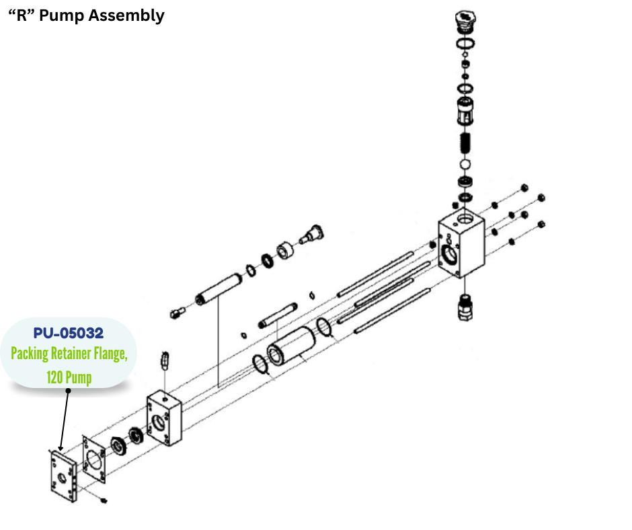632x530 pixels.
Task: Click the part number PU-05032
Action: tap(69, 334)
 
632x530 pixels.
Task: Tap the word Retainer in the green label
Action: tap(73, 354)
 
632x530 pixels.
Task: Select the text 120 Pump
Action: tap(69, 377)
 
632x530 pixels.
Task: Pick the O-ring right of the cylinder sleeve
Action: tap(324, 328)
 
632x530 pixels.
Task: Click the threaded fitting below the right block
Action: tap(464, 307)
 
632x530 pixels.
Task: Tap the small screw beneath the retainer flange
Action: tap(102, 500)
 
